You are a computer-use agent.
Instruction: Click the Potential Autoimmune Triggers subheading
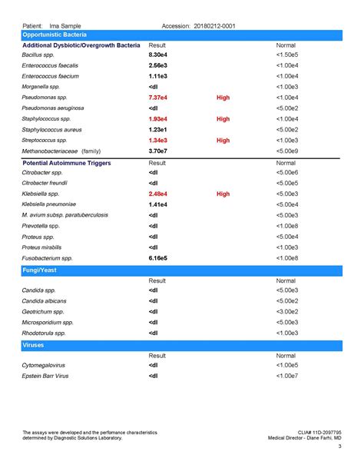point(67,164)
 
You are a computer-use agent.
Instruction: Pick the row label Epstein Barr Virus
point(45,376)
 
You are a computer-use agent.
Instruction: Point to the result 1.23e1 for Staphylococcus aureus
point(158,131)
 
